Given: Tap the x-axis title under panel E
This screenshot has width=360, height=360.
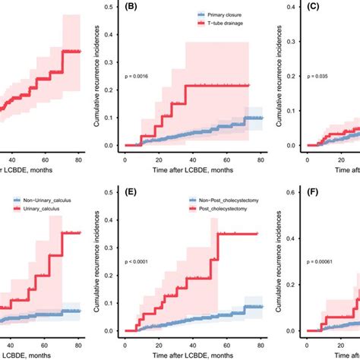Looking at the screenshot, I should click(x=190, y=355).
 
